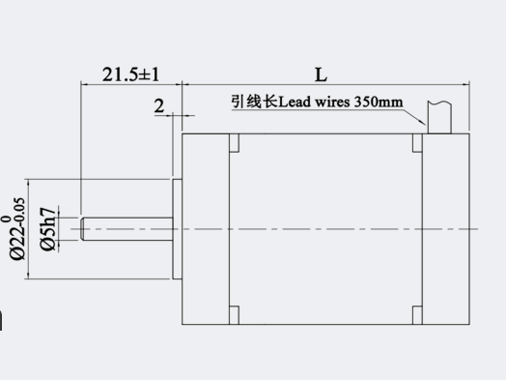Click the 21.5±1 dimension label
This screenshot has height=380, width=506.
pyautogui.click(x=130, y=74)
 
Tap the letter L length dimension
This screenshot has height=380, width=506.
pyautogui.click(x=322, y=74)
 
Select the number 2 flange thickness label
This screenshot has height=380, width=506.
pyautogui.click(x=159, y=106)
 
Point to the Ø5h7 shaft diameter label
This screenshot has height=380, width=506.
pyautogui.click(x=47, y=229)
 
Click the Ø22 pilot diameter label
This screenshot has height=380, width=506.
pyautogui.click(x=15, y=229)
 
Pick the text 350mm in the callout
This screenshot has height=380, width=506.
pyautogui.click(x=379, y=102)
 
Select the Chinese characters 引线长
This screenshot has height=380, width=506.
pyautogui.click(x=254, y=102)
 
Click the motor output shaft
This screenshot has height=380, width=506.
pyautogui.click(x=126, y=229)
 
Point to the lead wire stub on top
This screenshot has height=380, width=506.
pyautogui.click(x=439, y=117)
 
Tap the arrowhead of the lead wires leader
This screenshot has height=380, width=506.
pyautogui.click(x=425, y=125)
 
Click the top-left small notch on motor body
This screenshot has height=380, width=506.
pyautogui.click(x=235, y=143)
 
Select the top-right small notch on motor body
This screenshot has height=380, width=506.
pyautogui.click(x=417, y=143)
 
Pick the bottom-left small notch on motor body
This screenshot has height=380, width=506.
pyautogui.click(x=235, y=315)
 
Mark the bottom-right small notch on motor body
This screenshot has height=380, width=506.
pyautogui.click(x=417, y=315)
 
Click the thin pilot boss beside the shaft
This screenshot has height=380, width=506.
pyautogui.click(x=177, y=229)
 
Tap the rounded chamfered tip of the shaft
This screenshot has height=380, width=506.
pyautogui.click(x=83, y=229)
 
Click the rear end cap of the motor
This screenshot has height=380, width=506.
pyautogui.click(x=446, y=229)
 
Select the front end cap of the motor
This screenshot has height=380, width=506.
pyautogui.click(x=206, y=229)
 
